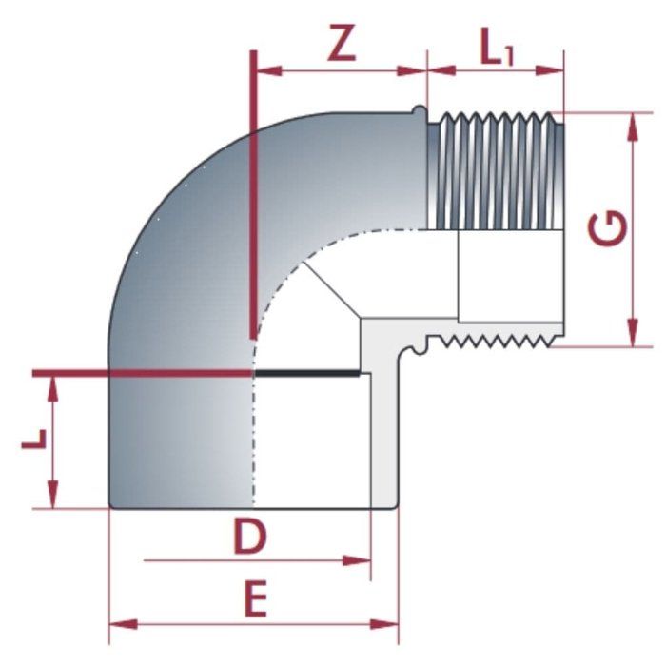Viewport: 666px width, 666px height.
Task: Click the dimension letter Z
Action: (x=341, y=43)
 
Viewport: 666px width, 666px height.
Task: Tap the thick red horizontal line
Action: (x=143, y=373)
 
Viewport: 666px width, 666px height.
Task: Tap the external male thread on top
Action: (x=495, y=171)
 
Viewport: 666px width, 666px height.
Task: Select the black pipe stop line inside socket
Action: (x=309, y=374)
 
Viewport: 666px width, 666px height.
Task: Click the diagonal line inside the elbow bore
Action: (x=333, y=290)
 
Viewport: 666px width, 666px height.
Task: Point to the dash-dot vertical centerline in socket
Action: (x=253, y=438)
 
